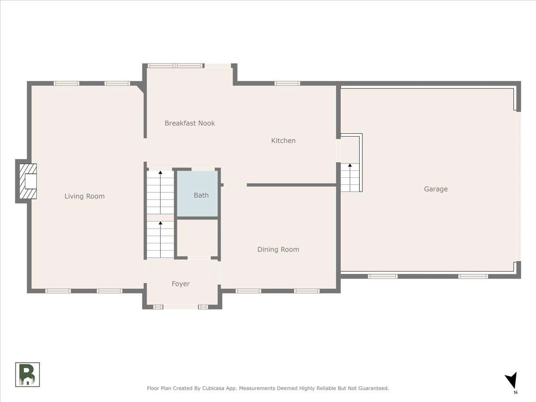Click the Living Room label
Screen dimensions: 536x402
[84, 196]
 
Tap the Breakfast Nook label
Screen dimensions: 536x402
[190, 123]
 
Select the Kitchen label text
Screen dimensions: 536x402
[283, 141]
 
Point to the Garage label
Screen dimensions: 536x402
[436, 189]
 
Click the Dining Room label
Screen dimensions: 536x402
[278, 249]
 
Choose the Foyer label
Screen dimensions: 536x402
[181, 284]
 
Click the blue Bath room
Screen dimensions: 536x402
[197, 193]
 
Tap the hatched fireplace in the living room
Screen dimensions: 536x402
[28, 181]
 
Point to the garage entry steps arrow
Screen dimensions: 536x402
[350, 177]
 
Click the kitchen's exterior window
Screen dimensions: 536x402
[287, 84]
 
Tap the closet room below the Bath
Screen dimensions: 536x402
[197, 238]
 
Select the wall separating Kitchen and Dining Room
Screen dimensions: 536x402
[292, 185]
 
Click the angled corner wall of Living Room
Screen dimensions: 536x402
[140, 88]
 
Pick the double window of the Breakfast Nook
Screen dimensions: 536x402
[176, 66]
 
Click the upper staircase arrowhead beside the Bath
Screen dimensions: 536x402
[160, 172]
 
